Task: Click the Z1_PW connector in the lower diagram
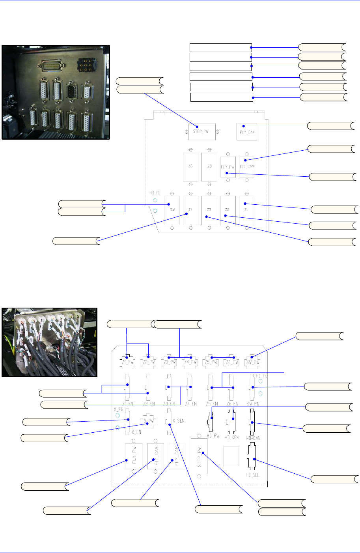click(127, 362)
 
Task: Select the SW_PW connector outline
click(252, 362)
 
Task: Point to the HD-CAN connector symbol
click(252, 422)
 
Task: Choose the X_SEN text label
click(179, 421)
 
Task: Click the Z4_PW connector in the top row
click(189, 362)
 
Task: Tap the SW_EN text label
click(253, 404)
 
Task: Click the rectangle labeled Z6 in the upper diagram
click(190, 167)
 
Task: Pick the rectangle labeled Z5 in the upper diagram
click(209, 167)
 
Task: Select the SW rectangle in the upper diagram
click(172, 210)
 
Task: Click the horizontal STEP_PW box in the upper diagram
click(201, 131)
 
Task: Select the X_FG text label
click(119, 409)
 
